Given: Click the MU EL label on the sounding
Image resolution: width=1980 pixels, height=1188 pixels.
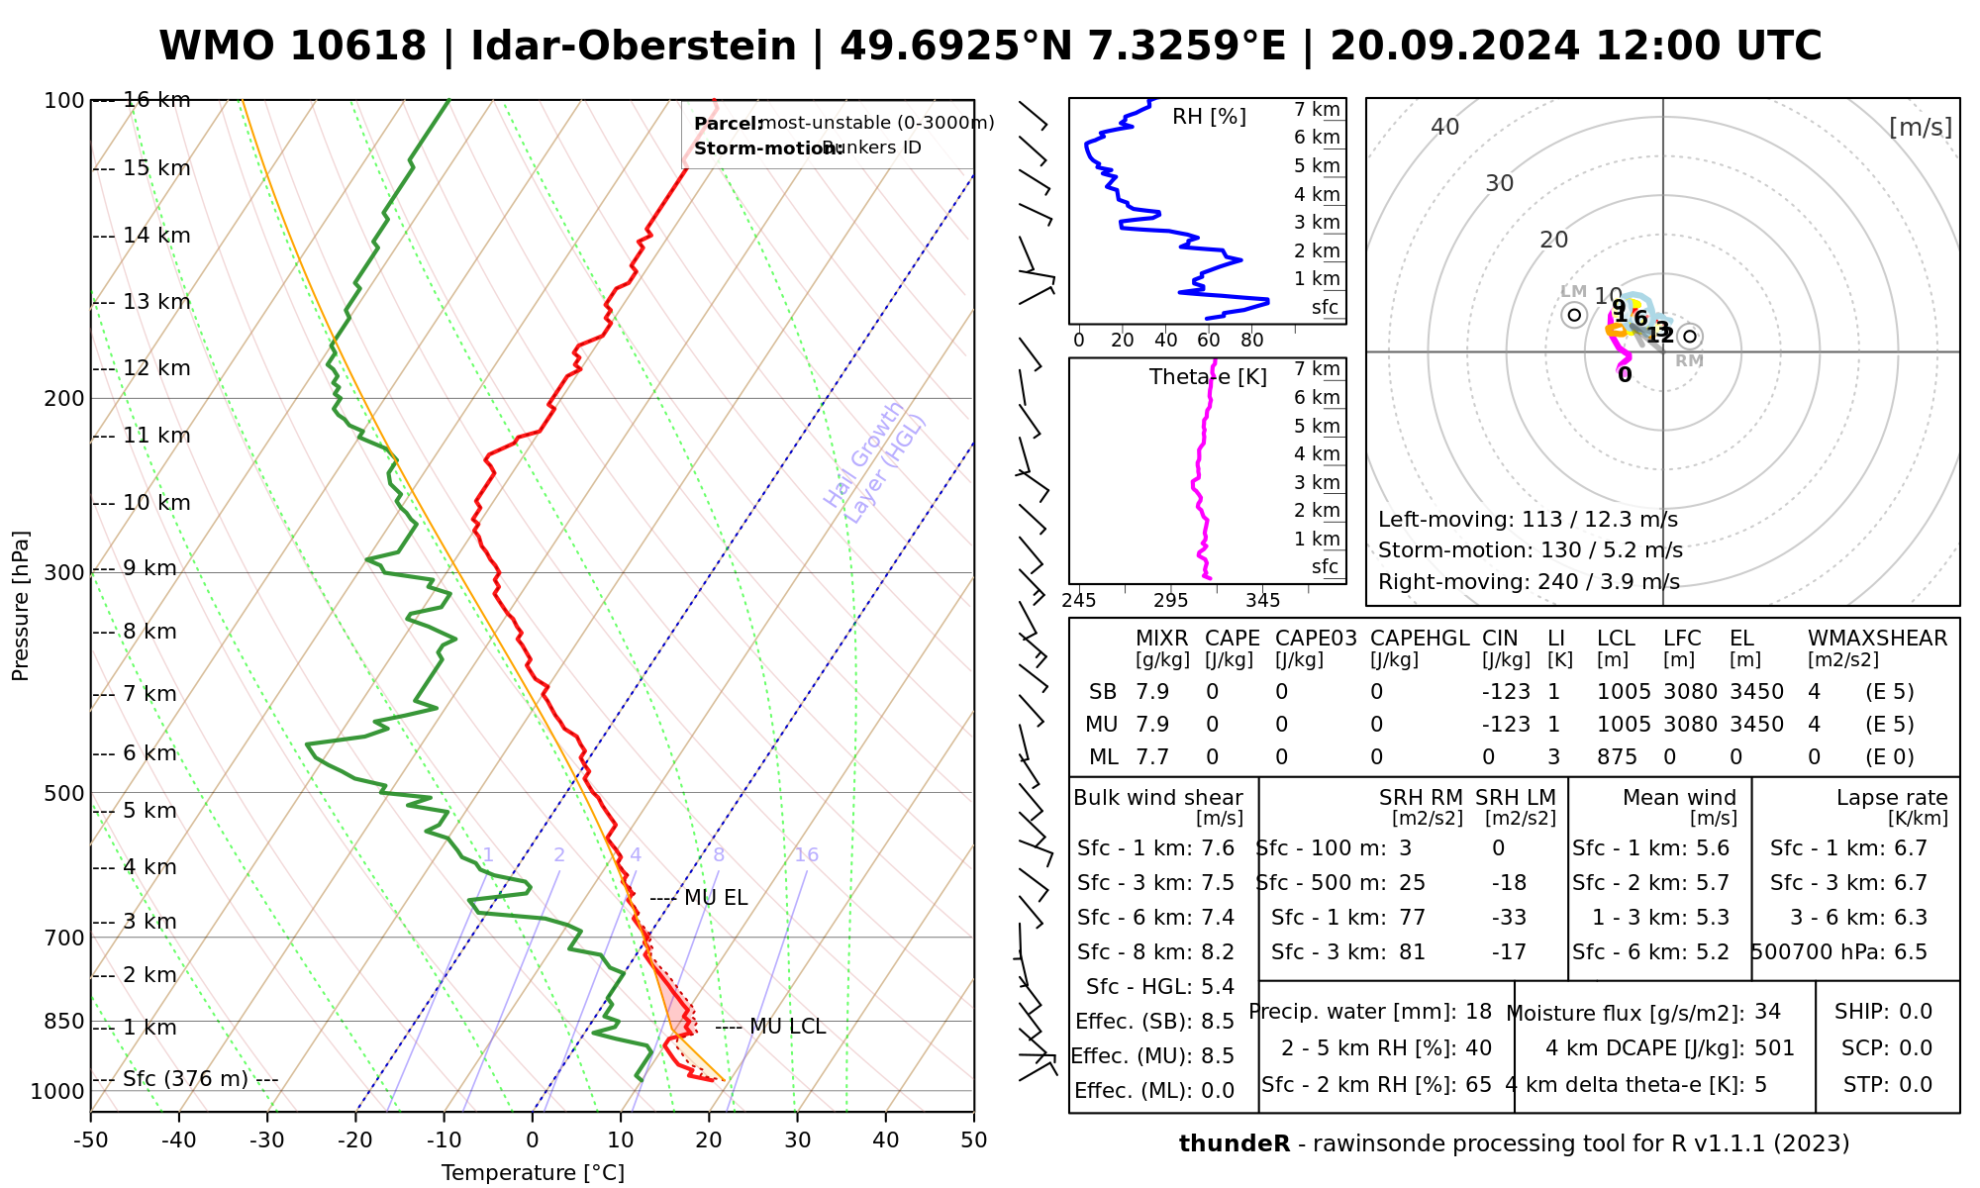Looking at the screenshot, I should pyautogui.click(x=716, y=898).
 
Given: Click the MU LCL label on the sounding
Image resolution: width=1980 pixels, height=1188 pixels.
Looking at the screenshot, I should pyautogui.click(x=787, y=1027).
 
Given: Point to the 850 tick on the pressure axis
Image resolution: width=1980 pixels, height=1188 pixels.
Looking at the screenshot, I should pyautogui.click(x=65, y=1021).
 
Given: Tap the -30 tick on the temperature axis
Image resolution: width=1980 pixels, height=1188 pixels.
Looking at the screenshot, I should pyautogui.click(x=267, y=1140).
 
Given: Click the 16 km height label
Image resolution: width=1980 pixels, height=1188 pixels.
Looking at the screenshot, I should pyautogui.click(x=156, y=100).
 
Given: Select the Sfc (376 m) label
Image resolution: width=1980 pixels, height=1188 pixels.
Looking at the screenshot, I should pyautogui.click(x=185, y=1078).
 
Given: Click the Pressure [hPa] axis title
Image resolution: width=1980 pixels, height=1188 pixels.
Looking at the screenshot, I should pyautogui.click(x=21, y=606).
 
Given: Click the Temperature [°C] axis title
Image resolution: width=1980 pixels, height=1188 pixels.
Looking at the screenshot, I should pyautogui.click(x=533, y=1173).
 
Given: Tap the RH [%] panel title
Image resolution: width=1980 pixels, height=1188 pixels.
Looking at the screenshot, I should pyautogui.click(x=1209, y=117).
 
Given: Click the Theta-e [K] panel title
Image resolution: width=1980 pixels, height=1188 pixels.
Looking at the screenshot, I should pyautogui.click(x=1208, y=377).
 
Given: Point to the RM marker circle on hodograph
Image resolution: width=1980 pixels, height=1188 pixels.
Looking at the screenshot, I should pyautogui.click(x=1690, y=337).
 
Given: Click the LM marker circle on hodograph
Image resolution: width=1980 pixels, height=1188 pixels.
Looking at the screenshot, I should pyautogui.click(x=1574, y=315).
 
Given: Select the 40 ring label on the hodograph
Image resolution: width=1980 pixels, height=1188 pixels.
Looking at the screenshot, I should pyautogui.click(x=1445, y=127).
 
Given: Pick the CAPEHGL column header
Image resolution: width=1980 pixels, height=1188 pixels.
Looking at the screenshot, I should pyautogui.click(x=1420, y=639).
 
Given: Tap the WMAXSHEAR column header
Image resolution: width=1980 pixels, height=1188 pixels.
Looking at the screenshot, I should pyautogui.click(x=1877, y=639).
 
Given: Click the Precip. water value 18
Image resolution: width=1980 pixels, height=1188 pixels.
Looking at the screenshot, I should pyautogui.click(x=1478, y=1012).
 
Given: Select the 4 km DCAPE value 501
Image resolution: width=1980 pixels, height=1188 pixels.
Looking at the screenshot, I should pyautogui.click(x=1774, y=1047).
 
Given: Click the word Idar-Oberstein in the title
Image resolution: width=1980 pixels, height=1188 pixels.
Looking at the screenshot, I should pyautogui.click(x=633, y=47).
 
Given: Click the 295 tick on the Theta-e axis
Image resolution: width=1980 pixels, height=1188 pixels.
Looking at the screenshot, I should pyautogui.click(x=1170, y=600).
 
